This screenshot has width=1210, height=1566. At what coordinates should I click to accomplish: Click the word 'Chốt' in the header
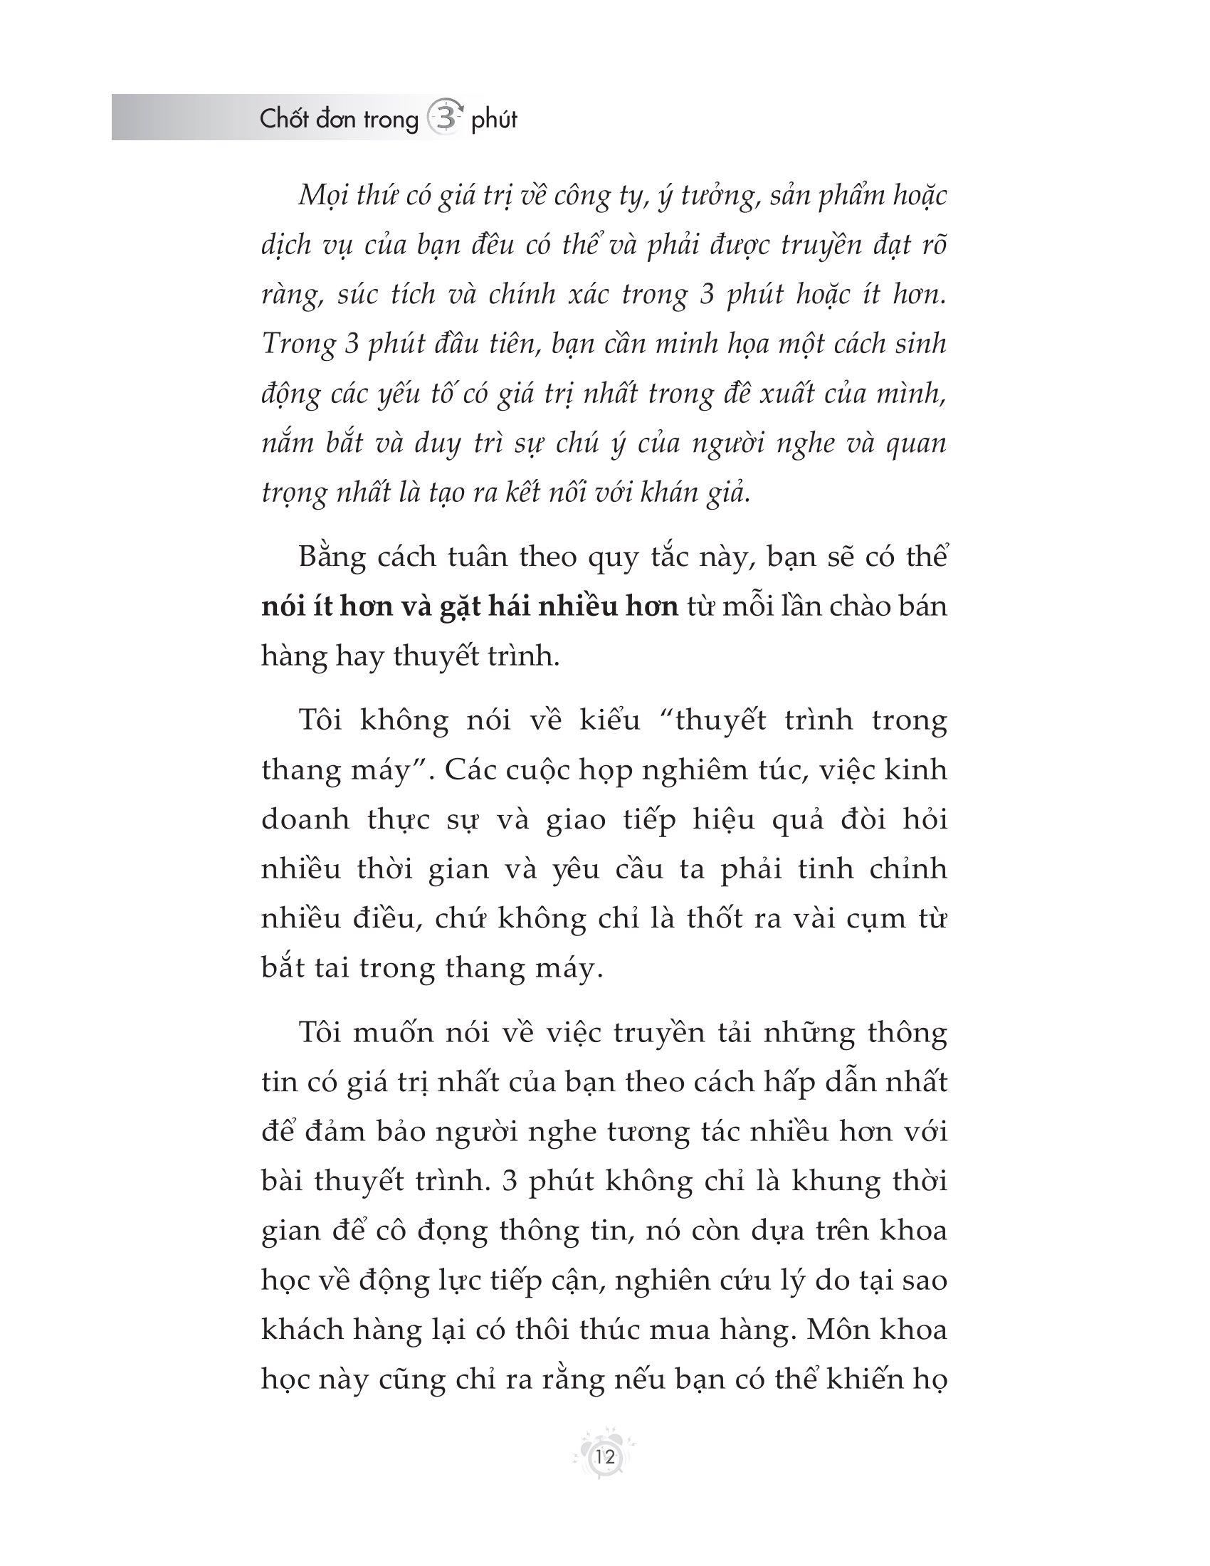click(x=283, y=120)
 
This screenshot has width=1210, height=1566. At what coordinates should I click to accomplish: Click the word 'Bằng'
click(x=330, y=558)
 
